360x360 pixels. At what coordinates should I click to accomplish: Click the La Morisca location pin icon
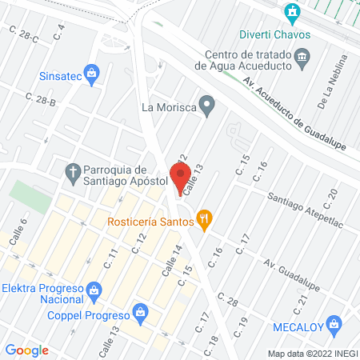pos(206,106)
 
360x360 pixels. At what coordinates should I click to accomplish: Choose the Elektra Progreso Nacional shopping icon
pos(94,288)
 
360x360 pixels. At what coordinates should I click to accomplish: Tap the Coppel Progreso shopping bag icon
pos(140,310)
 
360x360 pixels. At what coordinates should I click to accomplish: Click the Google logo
pos(27,350)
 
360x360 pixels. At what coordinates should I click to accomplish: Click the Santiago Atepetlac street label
pos(305,211)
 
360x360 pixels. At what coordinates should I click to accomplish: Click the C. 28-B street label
pos(41,99)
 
